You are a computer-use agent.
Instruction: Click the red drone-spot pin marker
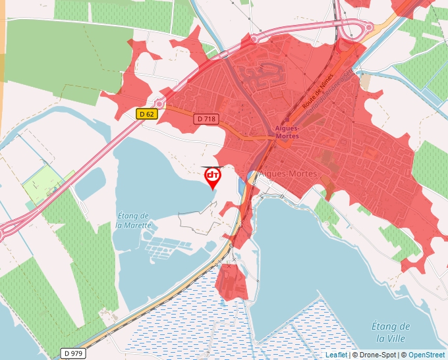point(213,176)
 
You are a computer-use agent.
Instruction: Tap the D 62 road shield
point(148,114)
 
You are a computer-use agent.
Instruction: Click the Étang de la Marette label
point(134,220)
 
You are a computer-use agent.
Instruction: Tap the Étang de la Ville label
point(391,332)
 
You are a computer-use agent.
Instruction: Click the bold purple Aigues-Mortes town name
point(285,132)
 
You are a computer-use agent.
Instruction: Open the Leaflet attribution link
point(336,355)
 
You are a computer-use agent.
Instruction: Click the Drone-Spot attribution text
point(376,355)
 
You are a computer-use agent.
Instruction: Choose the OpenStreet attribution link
point(426,355)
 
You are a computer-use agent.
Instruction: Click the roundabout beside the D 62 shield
point(159,103)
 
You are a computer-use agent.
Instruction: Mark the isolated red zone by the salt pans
point(230,282)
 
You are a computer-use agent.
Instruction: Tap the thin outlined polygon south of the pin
point(201,218)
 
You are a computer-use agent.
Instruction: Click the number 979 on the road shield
point(78,353)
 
